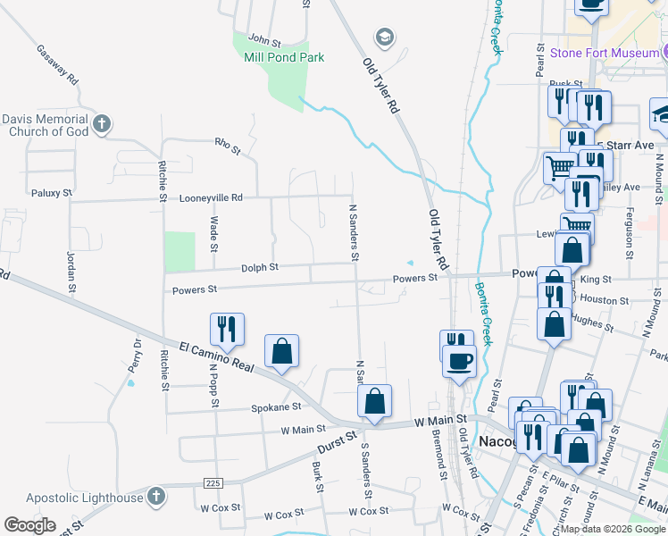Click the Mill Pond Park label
point(284,57)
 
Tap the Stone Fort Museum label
point(605,54)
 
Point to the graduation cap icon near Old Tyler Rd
point(384,37)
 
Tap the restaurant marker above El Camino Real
point(227,329)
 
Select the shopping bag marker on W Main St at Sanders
point(375,402)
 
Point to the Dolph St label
point(260,267)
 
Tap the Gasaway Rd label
point(58,64)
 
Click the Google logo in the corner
point(29,525)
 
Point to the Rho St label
point(228,146)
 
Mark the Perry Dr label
point(136,356)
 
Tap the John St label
point(264,40)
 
